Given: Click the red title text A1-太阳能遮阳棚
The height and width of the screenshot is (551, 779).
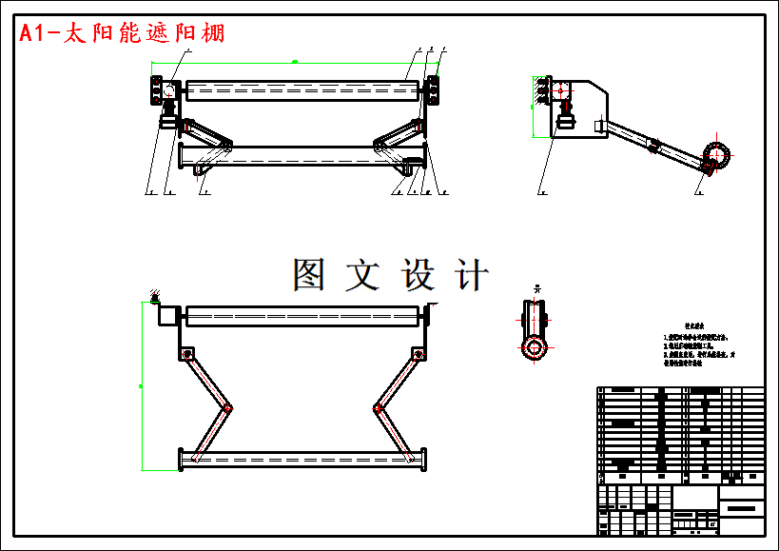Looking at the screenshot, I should [x=123, y=33].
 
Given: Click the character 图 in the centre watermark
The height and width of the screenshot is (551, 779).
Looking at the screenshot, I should [x=310, y=275].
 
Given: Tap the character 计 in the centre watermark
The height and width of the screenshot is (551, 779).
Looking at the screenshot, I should [x=473, y=275].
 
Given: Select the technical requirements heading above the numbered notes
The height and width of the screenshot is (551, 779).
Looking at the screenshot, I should [x=693, y=325].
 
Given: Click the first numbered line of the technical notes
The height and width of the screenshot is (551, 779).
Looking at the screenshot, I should [x=696, y=337].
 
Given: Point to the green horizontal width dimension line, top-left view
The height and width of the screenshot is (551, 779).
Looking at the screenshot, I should [x=295, y=62].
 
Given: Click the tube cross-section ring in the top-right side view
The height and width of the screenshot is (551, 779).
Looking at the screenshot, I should [x=717, y=154].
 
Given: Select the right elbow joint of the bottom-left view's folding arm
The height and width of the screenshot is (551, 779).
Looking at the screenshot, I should [x=378, y=408].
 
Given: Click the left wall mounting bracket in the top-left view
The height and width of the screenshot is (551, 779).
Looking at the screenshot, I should [x=154, y=91].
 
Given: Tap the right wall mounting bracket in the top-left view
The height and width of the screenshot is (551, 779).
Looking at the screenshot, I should [x=434, y=90].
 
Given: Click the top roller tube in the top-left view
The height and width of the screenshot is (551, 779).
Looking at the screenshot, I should [x=302, y=90].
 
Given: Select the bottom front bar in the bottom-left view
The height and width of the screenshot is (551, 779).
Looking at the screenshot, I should [x=302, y=459].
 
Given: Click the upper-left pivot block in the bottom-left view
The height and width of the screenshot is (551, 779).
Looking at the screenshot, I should [x=186, y=354].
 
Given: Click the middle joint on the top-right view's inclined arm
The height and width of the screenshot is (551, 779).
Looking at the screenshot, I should [x=653, y=145].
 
